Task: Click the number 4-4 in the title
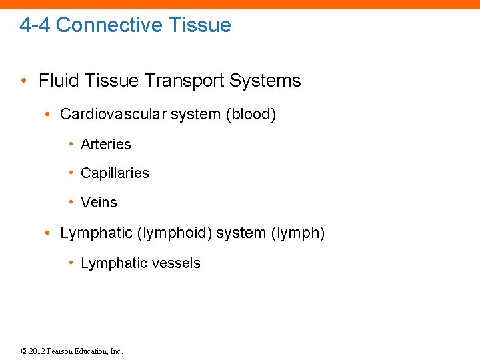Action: pos(35,25)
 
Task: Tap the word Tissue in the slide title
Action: pos(199,25)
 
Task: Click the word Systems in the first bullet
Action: pos(265,81)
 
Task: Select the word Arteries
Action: pos(106,144)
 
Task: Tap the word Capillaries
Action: pos(115,173)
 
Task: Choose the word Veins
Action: pos(99,203)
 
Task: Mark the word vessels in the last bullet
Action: pos(175,263)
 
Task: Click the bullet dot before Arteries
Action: pos(71,144)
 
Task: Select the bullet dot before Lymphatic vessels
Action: pos(71,263)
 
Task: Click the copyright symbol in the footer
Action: pos(24,351)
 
